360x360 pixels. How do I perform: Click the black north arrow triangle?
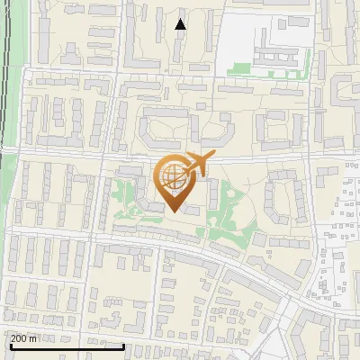pos(181,24)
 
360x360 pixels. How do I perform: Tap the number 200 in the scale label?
pos(20,338)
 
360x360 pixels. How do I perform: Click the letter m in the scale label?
pos(33,338)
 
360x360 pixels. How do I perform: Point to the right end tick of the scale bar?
pos(98,346)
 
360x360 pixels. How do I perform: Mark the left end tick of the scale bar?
pos(9,346)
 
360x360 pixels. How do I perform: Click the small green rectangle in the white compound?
pos(238,67)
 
